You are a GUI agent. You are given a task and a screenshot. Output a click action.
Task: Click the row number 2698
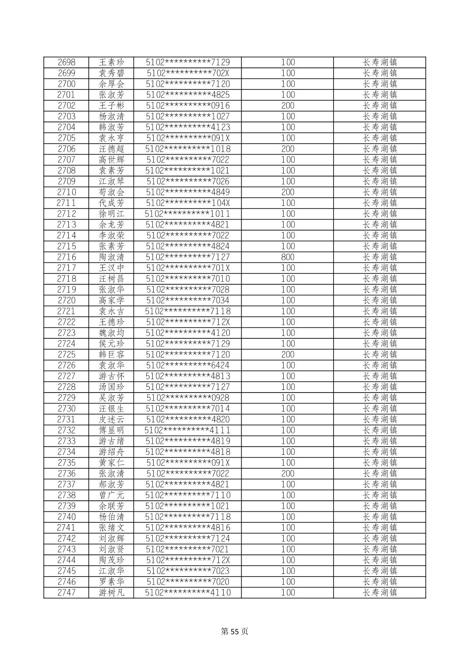[67, 62]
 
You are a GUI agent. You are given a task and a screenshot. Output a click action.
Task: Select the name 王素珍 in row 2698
[112, 62]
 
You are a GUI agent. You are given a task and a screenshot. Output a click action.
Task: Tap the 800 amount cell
[288, 257]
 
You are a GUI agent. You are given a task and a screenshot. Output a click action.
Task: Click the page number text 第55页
[235, 631]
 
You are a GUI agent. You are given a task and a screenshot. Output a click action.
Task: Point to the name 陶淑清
[112, 257]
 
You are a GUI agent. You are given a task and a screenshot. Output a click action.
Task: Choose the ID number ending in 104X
[188, 203]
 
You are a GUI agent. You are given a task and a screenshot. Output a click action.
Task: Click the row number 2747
[67, 592]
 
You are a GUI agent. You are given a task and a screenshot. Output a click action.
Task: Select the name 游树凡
[112, 592]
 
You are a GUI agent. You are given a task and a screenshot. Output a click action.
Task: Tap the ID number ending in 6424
[188, 365]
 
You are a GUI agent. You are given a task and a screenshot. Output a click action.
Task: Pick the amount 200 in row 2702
[288, 106]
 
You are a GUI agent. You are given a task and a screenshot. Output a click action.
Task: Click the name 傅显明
[112, 430]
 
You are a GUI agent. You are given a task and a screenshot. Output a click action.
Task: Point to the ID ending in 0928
[188, 398]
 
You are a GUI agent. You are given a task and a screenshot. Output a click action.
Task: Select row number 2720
[67, 301]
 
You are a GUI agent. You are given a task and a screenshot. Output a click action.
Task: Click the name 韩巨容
[112, 354]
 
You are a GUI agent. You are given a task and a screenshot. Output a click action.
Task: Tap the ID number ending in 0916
[188, 106]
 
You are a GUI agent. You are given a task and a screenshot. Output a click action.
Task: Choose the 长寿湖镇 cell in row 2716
[379, 257]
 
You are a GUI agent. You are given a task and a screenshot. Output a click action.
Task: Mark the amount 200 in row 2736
[288, 474]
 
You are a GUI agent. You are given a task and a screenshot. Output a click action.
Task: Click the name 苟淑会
[112, 192]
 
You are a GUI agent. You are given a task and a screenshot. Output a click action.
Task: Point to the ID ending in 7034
[188, 301]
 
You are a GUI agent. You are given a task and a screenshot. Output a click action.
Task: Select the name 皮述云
[112, 419]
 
